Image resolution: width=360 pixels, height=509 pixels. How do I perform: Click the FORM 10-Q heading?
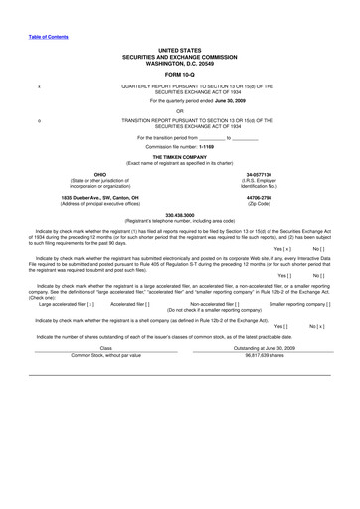coord(179,73)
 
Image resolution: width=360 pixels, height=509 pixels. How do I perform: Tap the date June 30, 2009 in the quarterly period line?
coord(219,101)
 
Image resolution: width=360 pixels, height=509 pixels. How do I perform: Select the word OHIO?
coord(99,174)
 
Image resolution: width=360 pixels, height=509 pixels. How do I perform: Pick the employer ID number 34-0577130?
coord(259,174)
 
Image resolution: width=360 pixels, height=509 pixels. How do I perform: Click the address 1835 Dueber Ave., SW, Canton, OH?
coord(99,197)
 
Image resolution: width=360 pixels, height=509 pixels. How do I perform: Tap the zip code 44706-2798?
coord(259,197)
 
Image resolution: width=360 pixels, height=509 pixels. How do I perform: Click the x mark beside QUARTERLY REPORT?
coord(38,86)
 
